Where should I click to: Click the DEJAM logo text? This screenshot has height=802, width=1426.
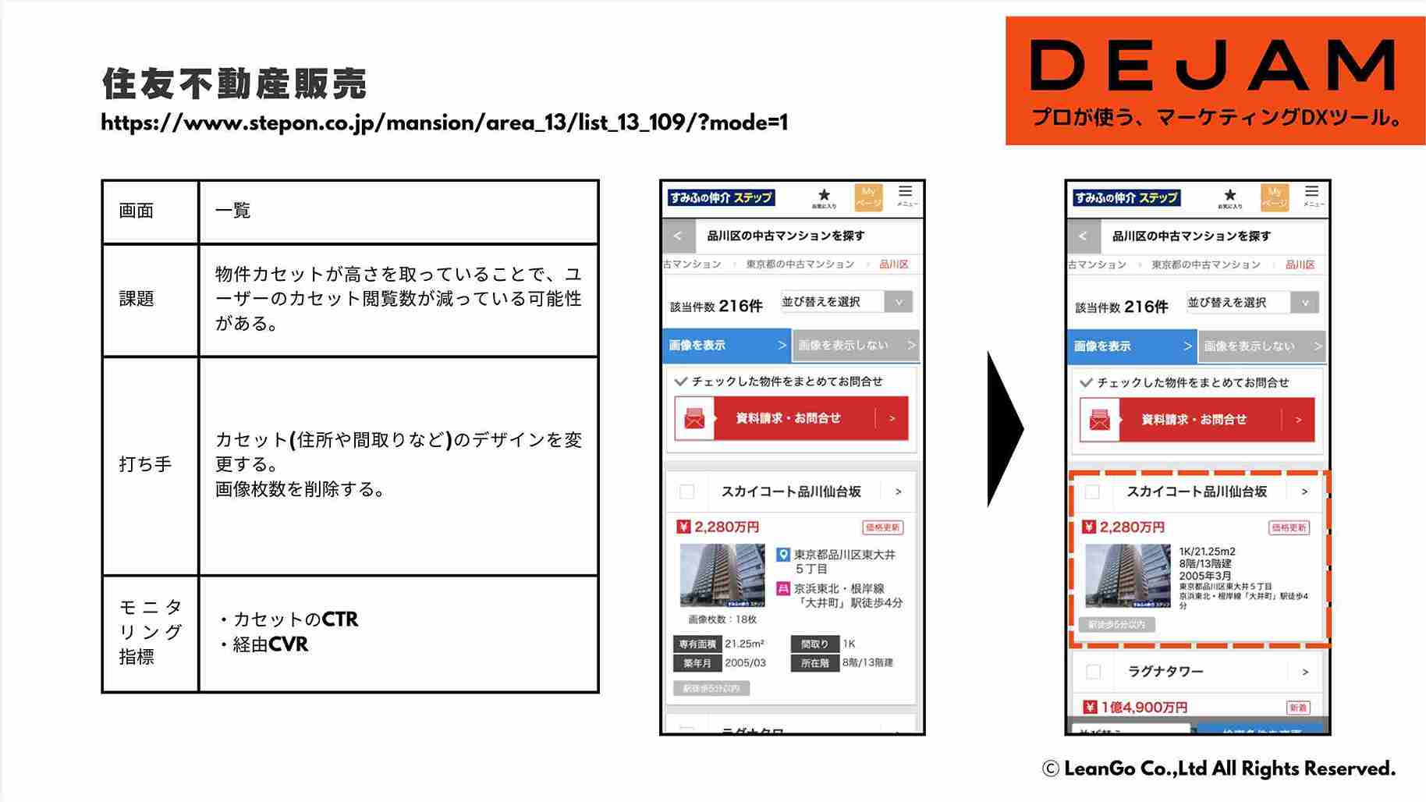pos(1214,66)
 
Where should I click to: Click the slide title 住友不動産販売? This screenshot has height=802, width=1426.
pos(234,83)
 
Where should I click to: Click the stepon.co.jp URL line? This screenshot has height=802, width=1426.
pos(444,123)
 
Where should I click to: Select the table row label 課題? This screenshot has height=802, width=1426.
pos(137,299)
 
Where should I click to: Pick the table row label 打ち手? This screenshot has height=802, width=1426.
pos(145,464)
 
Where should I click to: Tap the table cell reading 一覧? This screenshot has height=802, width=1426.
pos(232,211)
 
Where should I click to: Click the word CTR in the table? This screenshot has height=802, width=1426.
pos(340,619)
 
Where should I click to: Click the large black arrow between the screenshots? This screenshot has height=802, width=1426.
pos(1005,428)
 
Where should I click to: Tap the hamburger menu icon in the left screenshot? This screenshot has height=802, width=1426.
pos(905,192)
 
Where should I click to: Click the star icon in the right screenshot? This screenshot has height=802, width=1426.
pos(1230,195)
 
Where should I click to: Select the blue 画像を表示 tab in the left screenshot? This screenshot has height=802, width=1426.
pos(726,346)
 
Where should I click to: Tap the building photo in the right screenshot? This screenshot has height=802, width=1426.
pos(1127,576)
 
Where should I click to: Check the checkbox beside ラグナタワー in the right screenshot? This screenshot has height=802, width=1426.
pos(1094,672)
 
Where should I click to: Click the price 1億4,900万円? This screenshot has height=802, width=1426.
pos(1144,707)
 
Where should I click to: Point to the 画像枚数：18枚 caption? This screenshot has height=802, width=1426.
pos(722,619)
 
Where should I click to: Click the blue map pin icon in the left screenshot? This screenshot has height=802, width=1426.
pos(783,555)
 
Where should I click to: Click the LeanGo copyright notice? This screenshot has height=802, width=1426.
pos(1218,769)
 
